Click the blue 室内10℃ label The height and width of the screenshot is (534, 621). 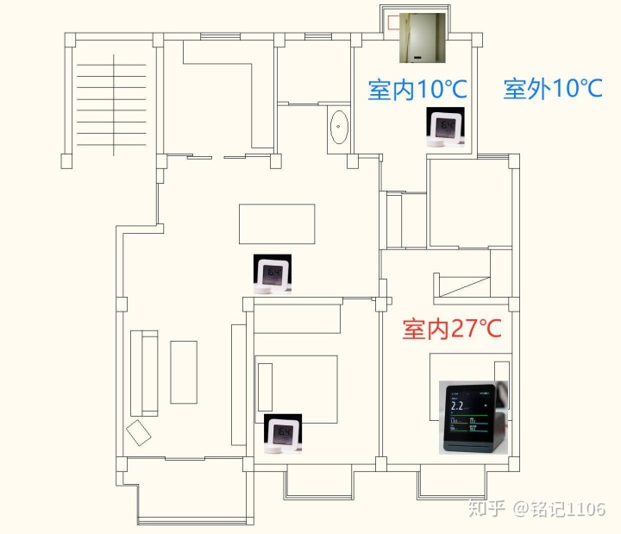pyautogui.click(x=417, y=89)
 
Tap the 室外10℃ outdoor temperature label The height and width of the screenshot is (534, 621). pyautogui.click(x=552, y=88)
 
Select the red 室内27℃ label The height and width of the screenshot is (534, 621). pyautogui.click(x=452, y=329)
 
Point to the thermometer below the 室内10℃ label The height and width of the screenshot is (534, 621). pyautogui.click(x=446, y=128)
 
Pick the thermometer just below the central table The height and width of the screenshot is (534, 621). pyautogui.click(x=273, y=275)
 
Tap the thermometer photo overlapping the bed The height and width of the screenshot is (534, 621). pyautogui.click(x=283, y=434)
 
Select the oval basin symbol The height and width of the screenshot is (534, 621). pyautogui.click(x=340, y=129)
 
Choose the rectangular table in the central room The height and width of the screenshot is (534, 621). pyautogui.click(x=277, y=223)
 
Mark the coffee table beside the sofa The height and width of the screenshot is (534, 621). pyautogui.click(x=184, y=372)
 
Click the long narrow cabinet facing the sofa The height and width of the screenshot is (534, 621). pyautogui.click(x=239, y=385)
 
